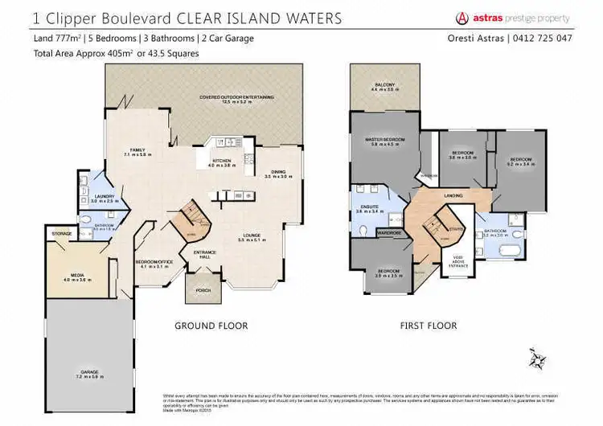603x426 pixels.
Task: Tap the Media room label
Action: pos(77,277)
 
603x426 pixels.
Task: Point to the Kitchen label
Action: pos(221,162)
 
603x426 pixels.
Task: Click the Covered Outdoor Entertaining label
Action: pos(237,98)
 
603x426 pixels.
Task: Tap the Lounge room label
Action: pos(252,237)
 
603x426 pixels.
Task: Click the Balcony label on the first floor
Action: pos(384,84)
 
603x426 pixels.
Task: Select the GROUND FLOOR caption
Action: pos(211,326)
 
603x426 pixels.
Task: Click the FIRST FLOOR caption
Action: pos(429,326)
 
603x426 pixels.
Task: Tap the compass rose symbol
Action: pos(537,356)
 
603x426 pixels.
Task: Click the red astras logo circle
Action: pos(462,18)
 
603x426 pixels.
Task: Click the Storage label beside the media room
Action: pos(62,234)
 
